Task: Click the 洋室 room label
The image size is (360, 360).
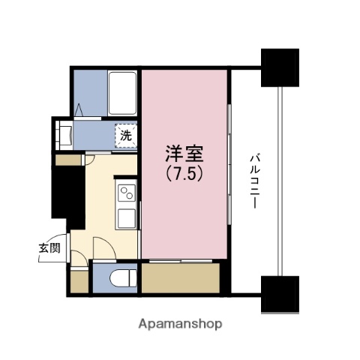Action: point(184,154)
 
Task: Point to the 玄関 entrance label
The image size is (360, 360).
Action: point(50,248)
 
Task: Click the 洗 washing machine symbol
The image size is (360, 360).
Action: point(126,136)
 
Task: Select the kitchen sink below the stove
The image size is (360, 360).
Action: point(126,219)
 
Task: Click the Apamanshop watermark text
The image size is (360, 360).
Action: point(180,325)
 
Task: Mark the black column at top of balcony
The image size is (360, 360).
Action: point(280,66)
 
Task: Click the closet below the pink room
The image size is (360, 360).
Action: point(180,279)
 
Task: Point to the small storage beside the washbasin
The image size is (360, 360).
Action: point(69,159)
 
